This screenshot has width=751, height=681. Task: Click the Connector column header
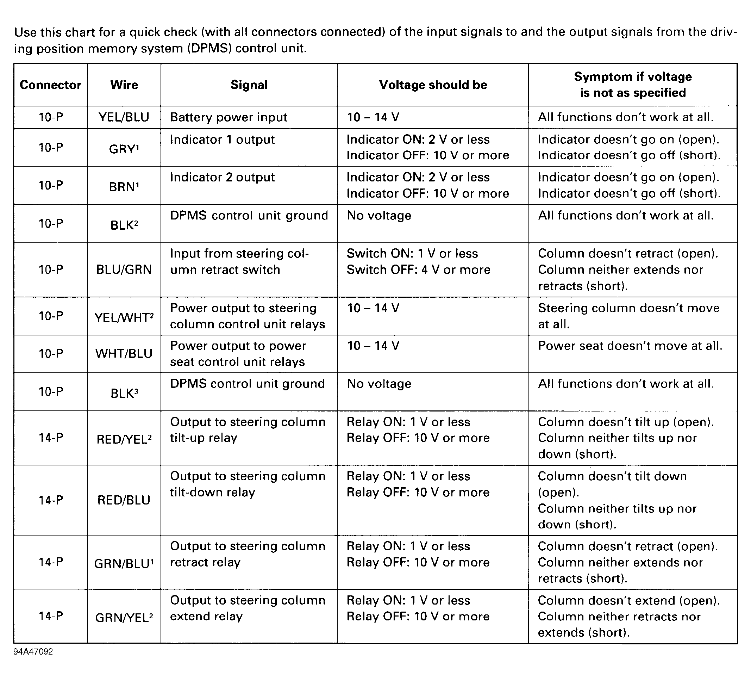pos(50,85)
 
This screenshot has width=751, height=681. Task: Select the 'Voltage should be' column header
pos(433,85)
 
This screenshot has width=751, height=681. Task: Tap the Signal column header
pos(249,85)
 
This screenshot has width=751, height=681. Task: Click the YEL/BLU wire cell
pos(124,117)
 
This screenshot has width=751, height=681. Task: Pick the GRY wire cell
pos(124,149)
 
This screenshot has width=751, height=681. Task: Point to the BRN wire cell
pos(124,186)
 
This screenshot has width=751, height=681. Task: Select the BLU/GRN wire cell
pos(124,270)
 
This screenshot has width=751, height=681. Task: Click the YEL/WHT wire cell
pos(124,317)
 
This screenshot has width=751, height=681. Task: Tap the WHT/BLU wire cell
pos(124,353)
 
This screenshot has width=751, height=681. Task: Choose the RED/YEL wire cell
pos(124,439)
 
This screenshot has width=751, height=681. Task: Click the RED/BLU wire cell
pos(124,500)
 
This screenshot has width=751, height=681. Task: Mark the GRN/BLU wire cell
pos(124,563)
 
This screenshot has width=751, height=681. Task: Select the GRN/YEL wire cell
pos(124,617)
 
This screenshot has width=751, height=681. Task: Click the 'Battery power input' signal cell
pos(229,117)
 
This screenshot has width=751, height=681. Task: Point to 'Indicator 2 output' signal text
pos(223,178)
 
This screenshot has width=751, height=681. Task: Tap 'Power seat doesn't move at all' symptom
pos(630,346)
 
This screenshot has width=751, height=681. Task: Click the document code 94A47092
pos(33,651)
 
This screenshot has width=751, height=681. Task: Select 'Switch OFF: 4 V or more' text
pos(418,270)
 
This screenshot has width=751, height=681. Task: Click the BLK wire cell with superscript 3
pos(124,393)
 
